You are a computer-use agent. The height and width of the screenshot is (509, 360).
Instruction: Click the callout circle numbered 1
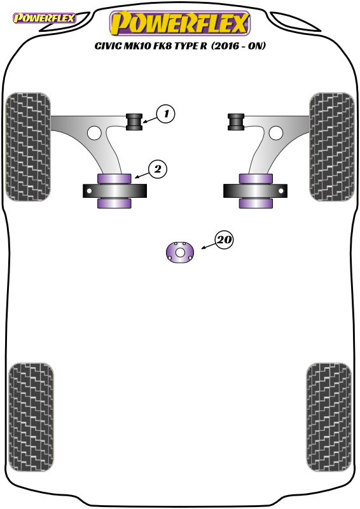pyautogui.click(x=165, y=114)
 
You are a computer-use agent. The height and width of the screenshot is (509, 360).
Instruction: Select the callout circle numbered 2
pyautogui.click(x=158, y=169)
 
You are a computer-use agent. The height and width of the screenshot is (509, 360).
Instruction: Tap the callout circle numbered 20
pyautogui.click(x=224, y=240)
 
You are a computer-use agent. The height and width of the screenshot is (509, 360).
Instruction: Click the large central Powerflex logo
pyautogui.click(x=180, y=23)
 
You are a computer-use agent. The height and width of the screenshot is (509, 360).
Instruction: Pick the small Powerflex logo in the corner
pyautogui.click(x=44, y=18)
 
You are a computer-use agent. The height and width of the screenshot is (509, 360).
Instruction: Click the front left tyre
pyautogui.click(x=28, y=147)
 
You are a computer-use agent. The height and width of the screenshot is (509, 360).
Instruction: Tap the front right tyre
pyautogui.click(x=332, y=147)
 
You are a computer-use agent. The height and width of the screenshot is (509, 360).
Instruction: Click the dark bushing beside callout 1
pyautogui.click(x=134, y=122)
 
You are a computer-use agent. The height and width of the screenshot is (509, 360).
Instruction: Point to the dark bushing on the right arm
pyautogui.click(x=236, y=122)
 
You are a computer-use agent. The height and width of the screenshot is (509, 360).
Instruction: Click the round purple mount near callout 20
pyautogui.click(x=180, y=252)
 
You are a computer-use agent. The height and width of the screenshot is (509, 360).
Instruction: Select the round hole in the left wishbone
pyautogui.click(x=95, y=133)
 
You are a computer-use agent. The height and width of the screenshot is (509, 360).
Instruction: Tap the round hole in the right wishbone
pyautogui.click(x=275, y=133)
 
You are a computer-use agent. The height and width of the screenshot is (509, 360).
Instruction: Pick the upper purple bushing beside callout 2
pyautogui.click(x=114, y=179)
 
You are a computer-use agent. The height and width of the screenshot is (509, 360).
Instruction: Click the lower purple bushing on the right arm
pyautogui.click(x=256, y=203)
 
